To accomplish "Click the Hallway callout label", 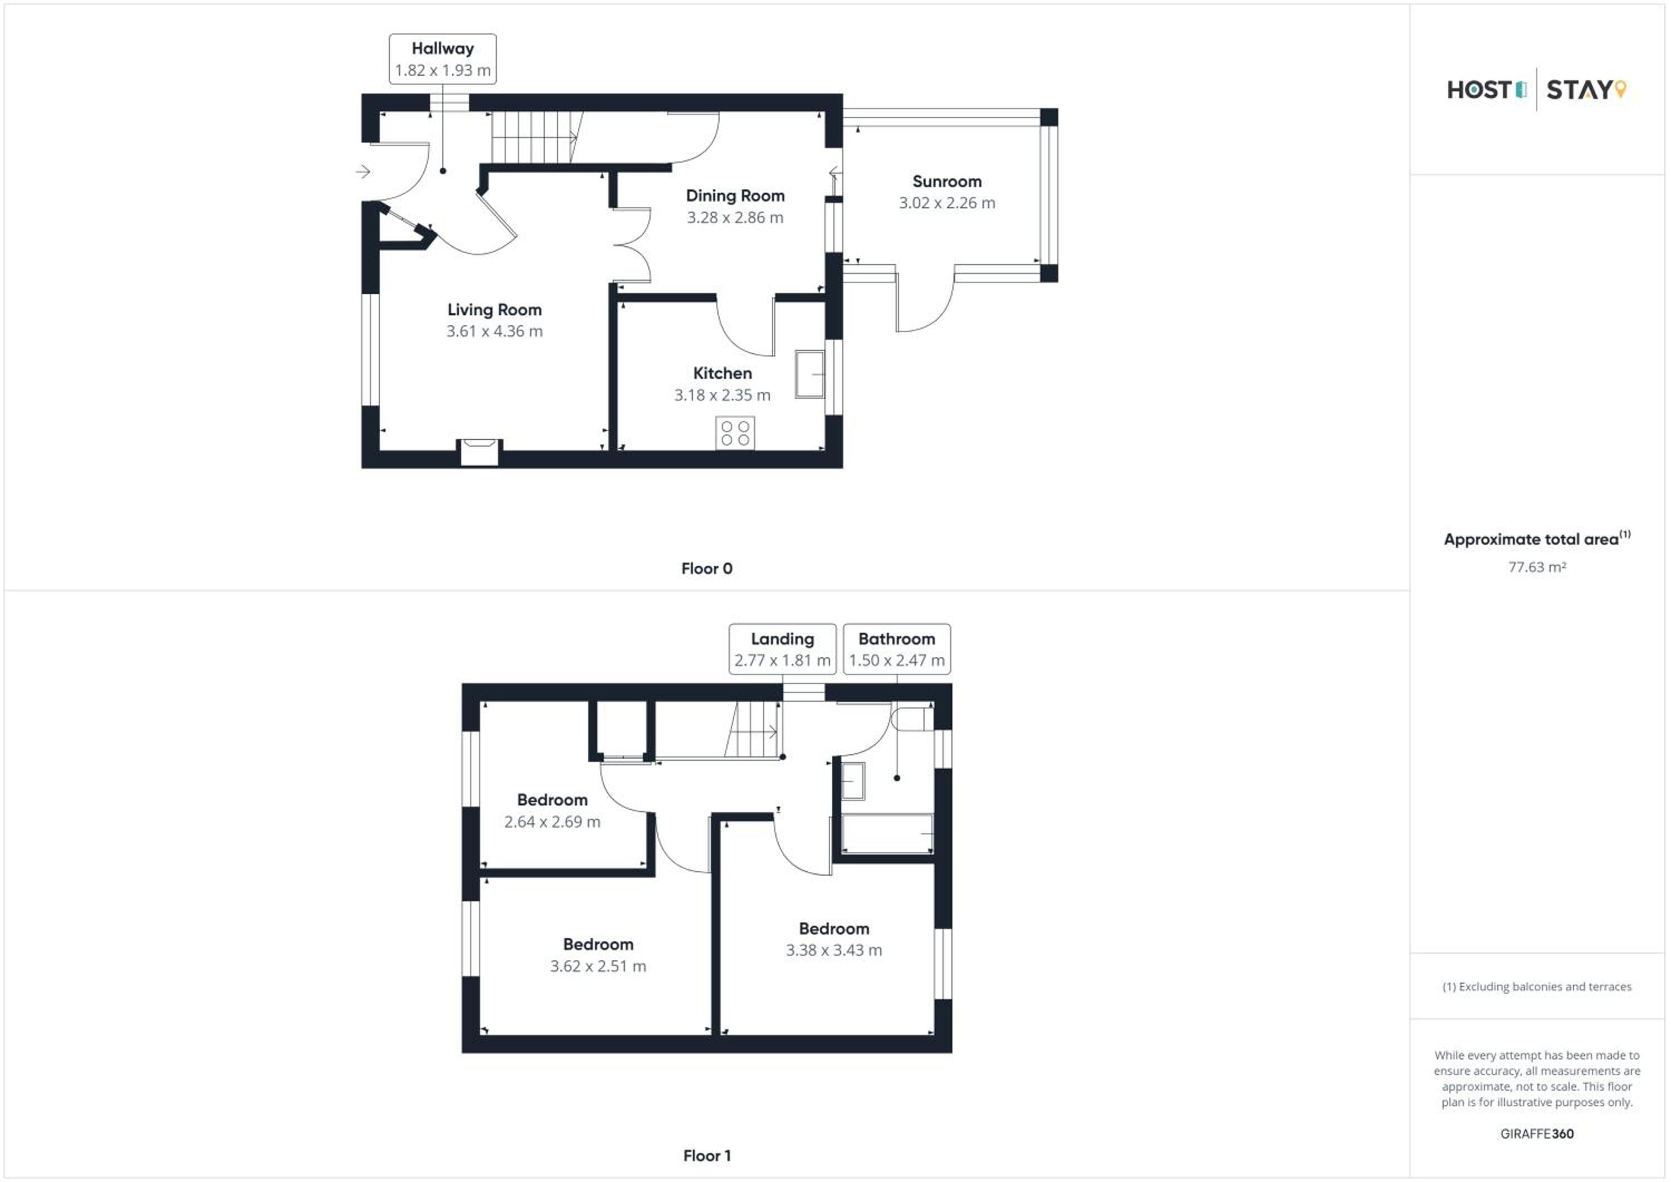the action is coord(442,59).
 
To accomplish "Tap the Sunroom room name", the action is coord(947,181).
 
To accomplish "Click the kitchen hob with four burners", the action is coord(735,433).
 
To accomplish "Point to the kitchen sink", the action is coord(810,374).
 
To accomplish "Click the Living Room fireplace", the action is coord(479,451).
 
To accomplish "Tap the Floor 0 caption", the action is coord(707,568).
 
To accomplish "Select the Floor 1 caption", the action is coord(707,1155).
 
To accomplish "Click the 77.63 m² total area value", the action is coord(1536,567).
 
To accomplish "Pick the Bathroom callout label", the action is coord(897,649).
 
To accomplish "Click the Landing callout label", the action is coord(783,649).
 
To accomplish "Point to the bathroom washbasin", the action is coord(853,781).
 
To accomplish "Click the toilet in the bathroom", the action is coord(913,719).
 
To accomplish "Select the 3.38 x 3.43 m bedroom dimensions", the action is coord(834,950).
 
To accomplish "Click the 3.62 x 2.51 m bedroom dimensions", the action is coord(598,966).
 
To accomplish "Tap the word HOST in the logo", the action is coord(1479,90).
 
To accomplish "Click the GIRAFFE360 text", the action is coord(1536,1134).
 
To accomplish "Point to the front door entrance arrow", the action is coord(363,172).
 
